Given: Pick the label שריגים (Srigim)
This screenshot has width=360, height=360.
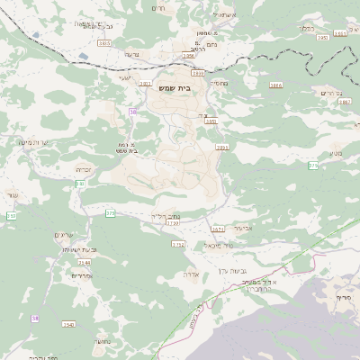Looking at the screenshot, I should [67, 234].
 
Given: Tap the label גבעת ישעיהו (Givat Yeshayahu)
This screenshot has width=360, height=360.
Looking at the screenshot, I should [68, 249].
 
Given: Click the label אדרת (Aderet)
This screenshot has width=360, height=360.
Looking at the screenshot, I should [190, 273].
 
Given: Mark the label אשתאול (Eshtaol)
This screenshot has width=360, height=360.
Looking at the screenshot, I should [222, 14].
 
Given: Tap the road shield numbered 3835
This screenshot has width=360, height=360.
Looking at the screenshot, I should [103, 42].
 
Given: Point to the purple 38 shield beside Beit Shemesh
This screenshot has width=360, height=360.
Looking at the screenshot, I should [132, 112].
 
